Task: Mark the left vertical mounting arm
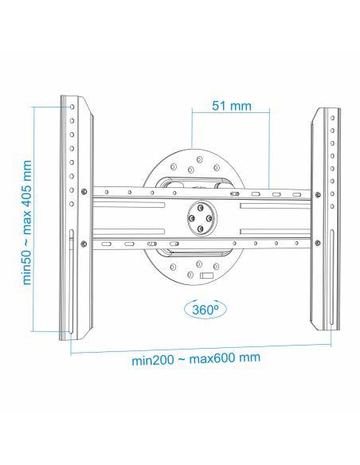(72, 215)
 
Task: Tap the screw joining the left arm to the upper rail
(83, 191)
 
